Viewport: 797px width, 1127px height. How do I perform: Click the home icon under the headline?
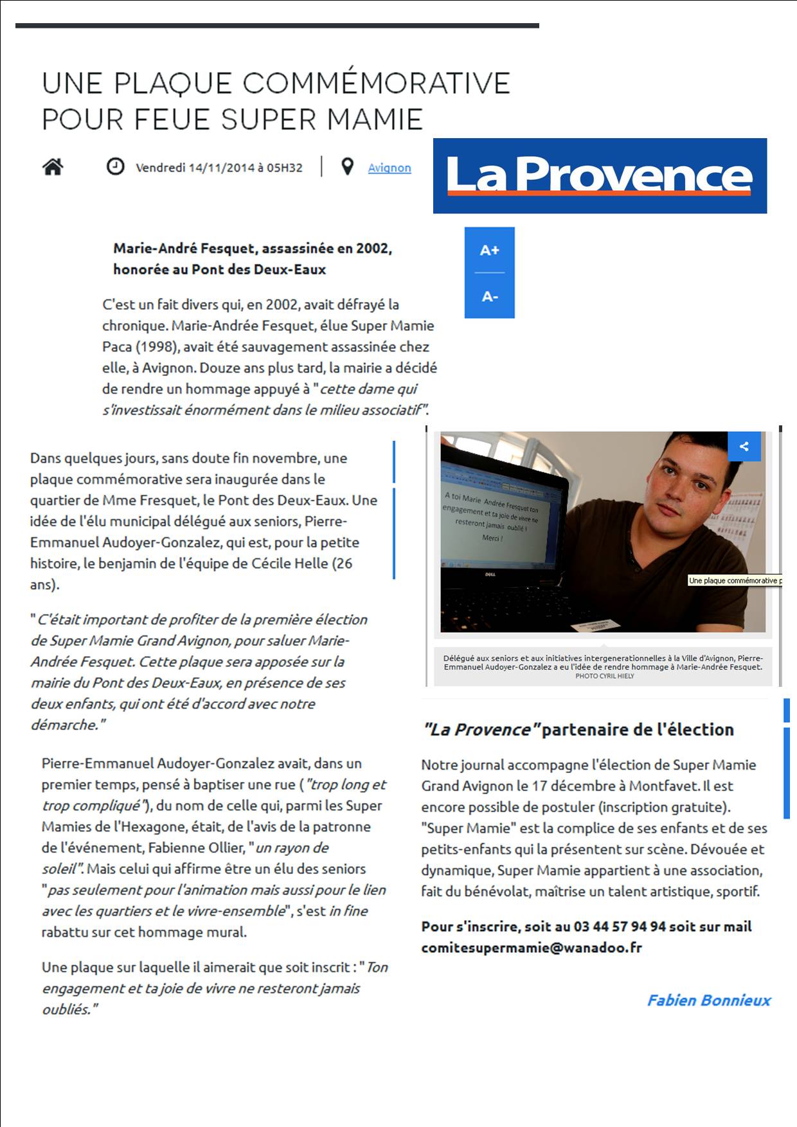tap(53, 167)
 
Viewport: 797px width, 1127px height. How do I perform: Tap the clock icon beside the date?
tap(115, 167)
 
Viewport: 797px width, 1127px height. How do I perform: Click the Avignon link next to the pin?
tap(389, 168)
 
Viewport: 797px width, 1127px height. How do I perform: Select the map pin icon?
tap(347, 167)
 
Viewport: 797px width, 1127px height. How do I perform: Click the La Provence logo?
tap(599, 175)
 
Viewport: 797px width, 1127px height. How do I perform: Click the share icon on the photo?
tap(744, 447)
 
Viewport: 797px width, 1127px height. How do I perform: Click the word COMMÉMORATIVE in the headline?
tap(377, 84)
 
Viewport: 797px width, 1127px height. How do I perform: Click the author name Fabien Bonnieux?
tap(708, 1000)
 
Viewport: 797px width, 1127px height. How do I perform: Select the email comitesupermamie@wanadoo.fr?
tap(532, 947)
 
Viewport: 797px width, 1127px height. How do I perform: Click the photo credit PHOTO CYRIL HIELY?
tap(604, 676)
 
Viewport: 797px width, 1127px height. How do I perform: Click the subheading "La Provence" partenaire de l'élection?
tap(578, 729)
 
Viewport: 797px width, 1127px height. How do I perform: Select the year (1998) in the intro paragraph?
tap(156, 346)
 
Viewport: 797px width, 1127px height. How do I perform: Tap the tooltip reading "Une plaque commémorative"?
tap(735, 580)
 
